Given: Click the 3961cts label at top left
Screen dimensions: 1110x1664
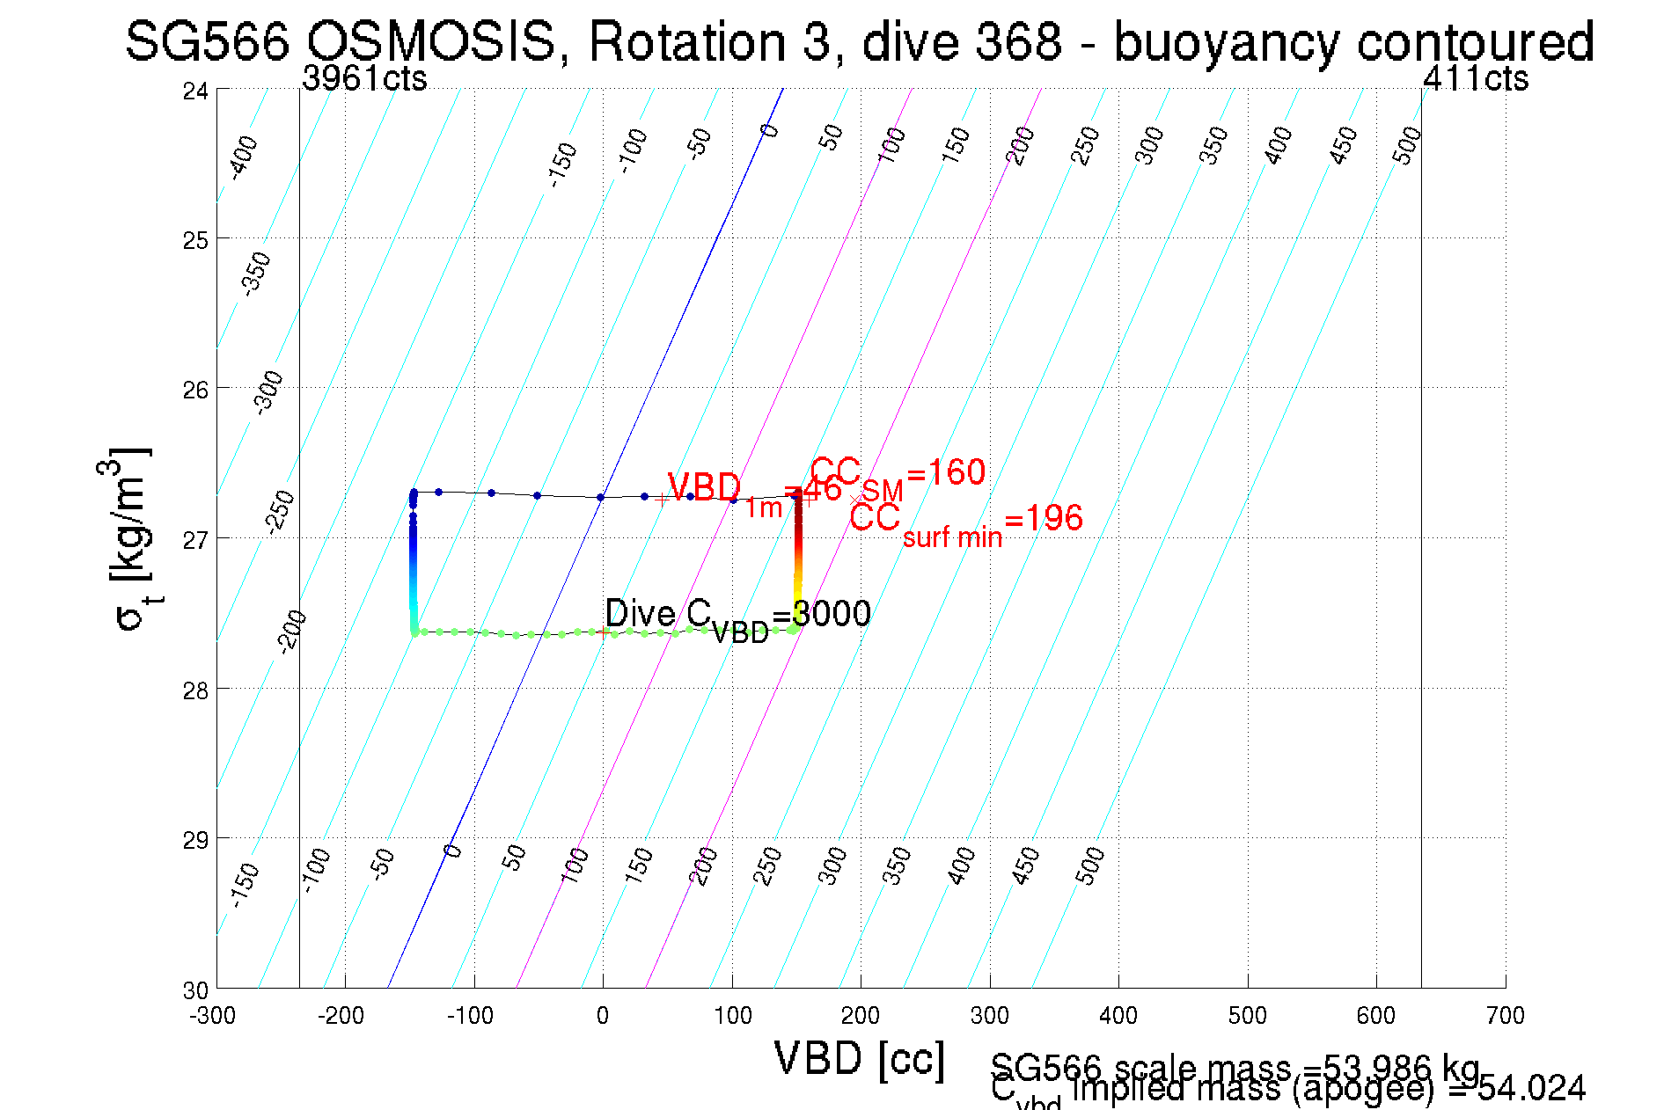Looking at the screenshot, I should pyautogui.click(x=364, y=79).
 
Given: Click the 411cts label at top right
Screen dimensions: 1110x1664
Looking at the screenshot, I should pyautogui.click(x=1476, y=79).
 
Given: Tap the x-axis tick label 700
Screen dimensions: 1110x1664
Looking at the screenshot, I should pyautogui.click(x=1505, y=1016).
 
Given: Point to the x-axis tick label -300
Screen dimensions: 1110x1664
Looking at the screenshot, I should pyautogui.click(x=212, y=1016).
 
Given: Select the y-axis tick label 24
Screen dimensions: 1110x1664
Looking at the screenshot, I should pyautogui.click(x=195, y=91).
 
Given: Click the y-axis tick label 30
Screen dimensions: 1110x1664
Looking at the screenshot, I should pyautogui.click(x=195, y=990).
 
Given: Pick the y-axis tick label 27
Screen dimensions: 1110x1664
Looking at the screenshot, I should pyautogui.click(x=195, y=539).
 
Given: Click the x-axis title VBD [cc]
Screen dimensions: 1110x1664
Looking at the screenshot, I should pyautogui.click(x=859, y=1058).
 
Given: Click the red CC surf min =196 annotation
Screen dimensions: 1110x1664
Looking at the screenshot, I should pyautogui.click(x=965, y=522).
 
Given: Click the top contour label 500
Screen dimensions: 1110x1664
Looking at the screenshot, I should pyautogui.click(x=1407, y=145).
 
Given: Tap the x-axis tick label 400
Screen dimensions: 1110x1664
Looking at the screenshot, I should pyautogui.click(x=1118, y=1016).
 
